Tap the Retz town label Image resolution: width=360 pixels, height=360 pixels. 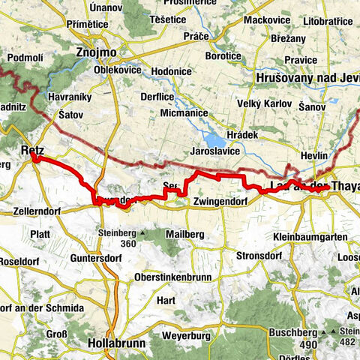[32, 151]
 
